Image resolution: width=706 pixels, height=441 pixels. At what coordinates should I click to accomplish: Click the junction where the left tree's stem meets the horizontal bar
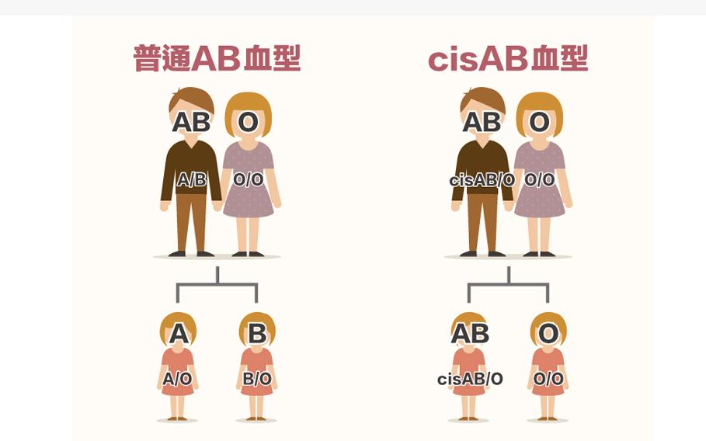point(217,284)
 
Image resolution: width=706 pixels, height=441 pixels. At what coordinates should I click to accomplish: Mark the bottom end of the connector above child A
point(178,302)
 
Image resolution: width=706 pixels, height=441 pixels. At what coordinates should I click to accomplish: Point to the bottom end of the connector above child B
point(256,302)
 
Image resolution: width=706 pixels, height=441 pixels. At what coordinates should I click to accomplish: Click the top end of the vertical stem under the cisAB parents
point(509,267)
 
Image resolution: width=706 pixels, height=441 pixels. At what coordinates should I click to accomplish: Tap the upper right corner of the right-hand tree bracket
point(548,284)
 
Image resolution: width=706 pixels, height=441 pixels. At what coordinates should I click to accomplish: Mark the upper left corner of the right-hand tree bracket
point(468,284)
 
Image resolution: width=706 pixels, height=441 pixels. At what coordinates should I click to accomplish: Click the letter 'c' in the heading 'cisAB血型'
point(436,61)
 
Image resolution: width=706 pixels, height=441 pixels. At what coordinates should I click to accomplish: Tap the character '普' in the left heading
point(148,58)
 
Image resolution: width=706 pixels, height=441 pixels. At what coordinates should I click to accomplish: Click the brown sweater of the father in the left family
point(191,168)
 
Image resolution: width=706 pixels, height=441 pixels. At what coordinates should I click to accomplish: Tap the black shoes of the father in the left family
point(191,254)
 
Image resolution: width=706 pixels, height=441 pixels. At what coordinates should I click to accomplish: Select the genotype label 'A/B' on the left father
point(191,179)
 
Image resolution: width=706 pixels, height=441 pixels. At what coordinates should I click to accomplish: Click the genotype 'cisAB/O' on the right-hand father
point(482,180)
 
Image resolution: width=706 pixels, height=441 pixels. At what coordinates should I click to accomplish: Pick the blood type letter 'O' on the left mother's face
point(248,122)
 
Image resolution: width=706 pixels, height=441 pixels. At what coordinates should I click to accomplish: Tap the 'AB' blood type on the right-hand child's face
point(470,333)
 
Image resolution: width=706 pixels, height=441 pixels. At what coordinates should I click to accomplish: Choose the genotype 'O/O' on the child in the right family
point(548,378)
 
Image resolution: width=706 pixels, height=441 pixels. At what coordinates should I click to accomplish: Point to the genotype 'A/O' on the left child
point(177,378)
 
